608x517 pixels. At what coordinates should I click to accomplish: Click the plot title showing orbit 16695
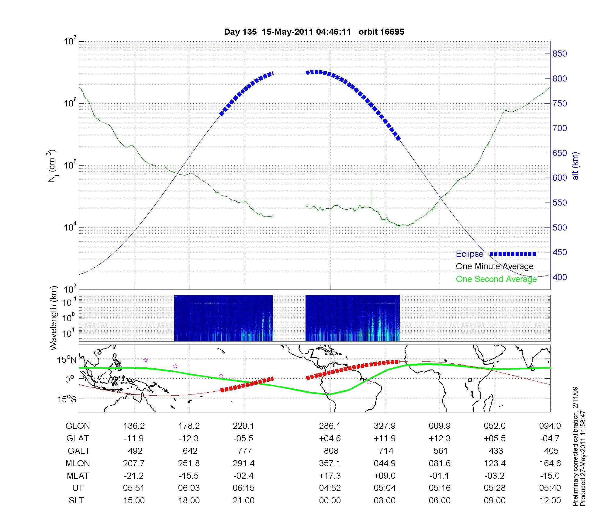click(x=314, y=32)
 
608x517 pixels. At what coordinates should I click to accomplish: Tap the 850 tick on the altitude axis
click(x=559, y=54)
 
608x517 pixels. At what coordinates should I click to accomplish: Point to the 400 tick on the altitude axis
click(x=559, y=277)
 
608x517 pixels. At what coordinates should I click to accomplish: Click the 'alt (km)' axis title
click(x=575, y=166)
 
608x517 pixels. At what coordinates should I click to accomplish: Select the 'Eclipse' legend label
click(x=469, y=254)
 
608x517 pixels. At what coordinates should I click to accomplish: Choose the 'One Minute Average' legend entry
click(x=495, y=266)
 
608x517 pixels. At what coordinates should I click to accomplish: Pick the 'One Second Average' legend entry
click(x=496, y=279)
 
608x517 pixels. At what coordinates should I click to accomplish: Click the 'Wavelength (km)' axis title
click(x=54, y=318)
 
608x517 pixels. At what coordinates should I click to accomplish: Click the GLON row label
click(x=78, y=426)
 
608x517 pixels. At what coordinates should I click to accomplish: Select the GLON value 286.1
click(x=330, y=426)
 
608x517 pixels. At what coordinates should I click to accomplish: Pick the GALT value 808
click(x=331, y=451)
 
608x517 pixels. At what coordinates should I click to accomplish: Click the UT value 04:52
click(x=330, y=488)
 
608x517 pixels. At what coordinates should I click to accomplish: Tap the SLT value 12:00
click(x=550, y=501)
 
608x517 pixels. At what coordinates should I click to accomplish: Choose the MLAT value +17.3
click(x=330, y=476)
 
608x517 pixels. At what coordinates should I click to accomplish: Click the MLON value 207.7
click(x=134, y=463)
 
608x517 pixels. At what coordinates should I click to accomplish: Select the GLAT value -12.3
click(x=189, y=439)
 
